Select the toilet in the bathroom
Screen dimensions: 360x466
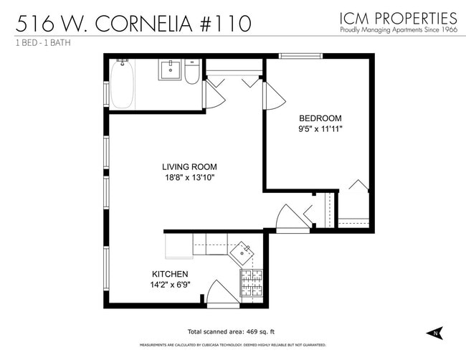click(191, 73)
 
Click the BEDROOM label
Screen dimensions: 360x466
click(320, 118)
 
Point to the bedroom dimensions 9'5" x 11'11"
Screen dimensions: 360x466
click(320, 129)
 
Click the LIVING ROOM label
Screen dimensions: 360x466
click(189, 166)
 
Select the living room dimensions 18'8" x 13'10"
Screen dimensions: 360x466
click(189, 177)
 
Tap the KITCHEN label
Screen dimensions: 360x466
click(170, 275)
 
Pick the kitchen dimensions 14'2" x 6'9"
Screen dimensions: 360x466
click(170, 285)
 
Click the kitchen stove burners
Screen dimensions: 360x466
click(251, 285)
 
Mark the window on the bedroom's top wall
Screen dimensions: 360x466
click(300, 56)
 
